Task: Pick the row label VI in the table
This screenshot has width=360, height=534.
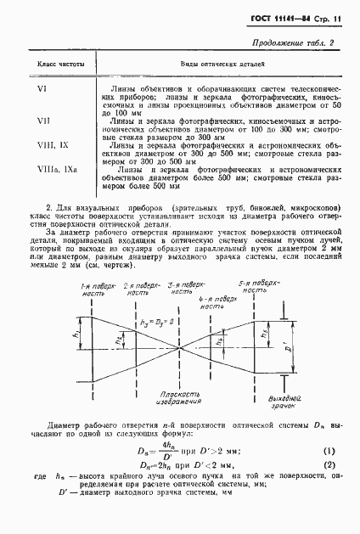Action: click(42, 88)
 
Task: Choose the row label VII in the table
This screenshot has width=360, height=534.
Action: click(43, 120)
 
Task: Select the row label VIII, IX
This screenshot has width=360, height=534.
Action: click(49, 145)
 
